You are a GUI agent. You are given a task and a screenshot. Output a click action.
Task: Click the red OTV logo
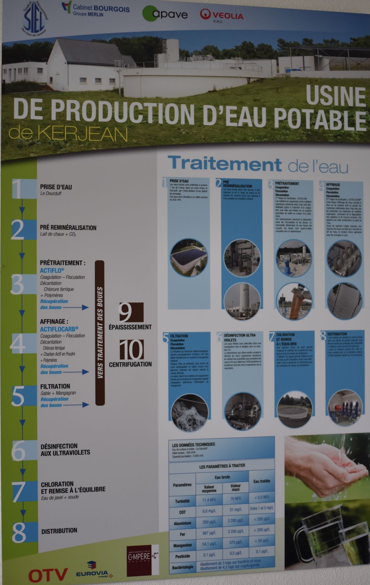48,574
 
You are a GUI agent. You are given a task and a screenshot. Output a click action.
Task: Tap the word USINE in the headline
335,96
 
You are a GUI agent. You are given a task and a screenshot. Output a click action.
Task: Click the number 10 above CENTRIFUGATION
131,350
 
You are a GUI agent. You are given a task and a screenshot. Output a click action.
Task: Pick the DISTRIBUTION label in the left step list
59,531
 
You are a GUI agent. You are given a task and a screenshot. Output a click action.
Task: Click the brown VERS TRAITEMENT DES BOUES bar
100,332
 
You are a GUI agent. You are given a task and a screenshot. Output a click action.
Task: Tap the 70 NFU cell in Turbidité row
235,498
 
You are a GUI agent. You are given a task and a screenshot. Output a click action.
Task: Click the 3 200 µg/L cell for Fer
236,531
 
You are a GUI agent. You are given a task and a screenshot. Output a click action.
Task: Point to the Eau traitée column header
261,481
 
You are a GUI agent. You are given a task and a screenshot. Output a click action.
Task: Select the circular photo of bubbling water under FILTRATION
189,412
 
